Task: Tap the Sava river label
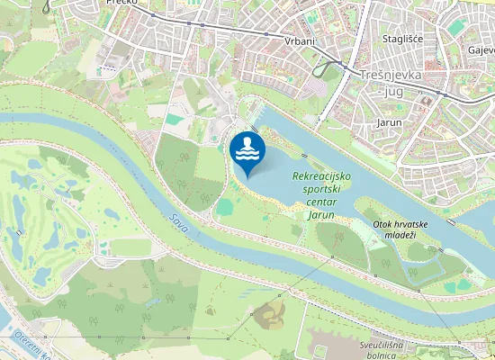pyautogui.click(x=178, y=223)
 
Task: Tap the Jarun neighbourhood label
pyautogui.click(x=389, y=121)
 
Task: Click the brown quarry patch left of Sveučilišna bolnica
pyautogui.click(x=269, y=314)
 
